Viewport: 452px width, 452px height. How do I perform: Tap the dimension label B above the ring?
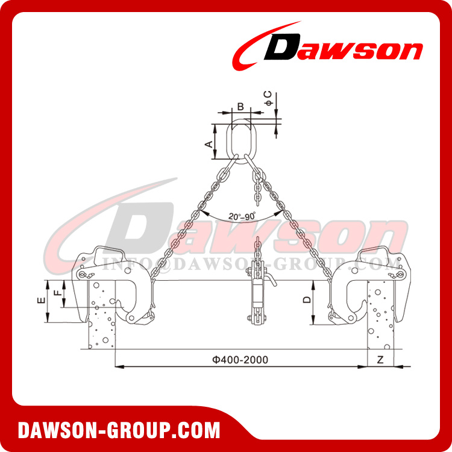(x=240, y=107)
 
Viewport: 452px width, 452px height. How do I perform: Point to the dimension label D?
(x=307, y=300)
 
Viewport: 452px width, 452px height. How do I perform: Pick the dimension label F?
(x=57, y=293)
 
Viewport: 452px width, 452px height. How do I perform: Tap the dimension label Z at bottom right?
(x=379, y=359)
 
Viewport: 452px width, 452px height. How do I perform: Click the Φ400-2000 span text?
(x=240, y=359)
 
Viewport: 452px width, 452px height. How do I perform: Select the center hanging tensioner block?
(x=257, y=295)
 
